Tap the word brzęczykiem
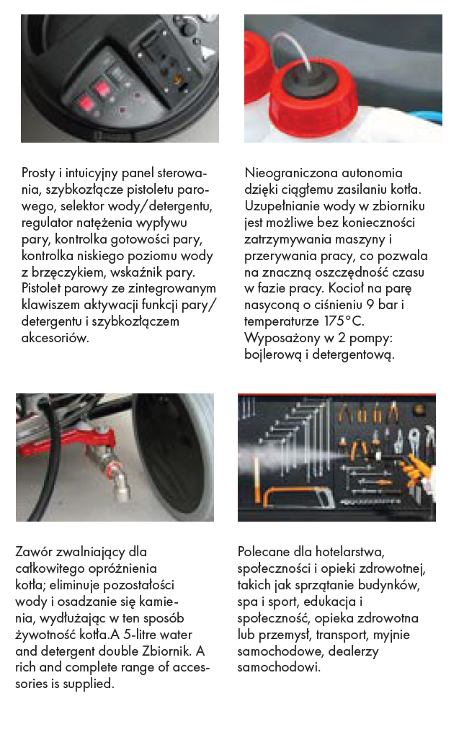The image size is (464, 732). point(70,273)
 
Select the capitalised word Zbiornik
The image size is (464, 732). point(160,651)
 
